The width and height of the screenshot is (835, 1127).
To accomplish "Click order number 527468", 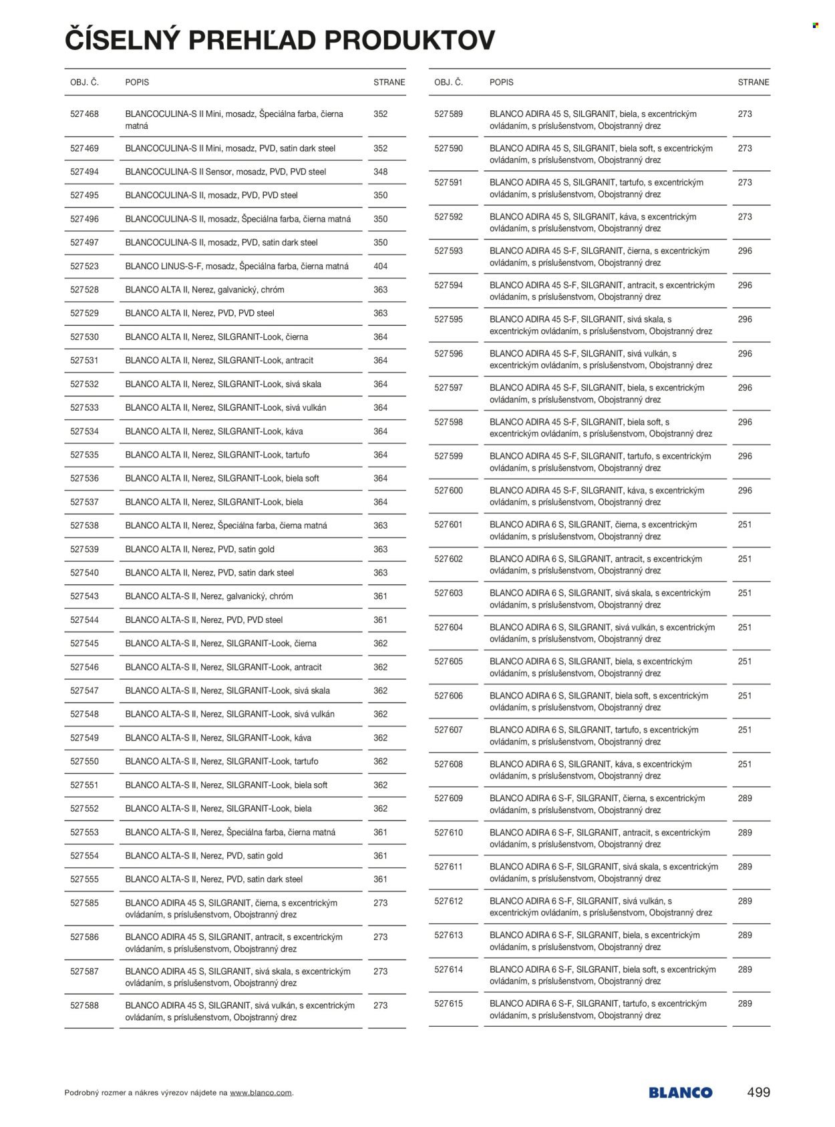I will pyautogui.click(x=84, y=114).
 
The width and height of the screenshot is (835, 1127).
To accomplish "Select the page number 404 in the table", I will pyautogui.click(x=380, y=266).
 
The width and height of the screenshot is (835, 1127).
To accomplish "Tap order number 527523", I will pyautogui.click(x=84, y=266).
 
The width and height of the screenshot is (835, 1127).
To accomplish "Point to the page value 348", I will pyautogui.click(x=380, y=172).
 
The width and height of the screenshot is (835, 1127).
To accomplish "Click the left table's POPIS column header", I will pyautogui.click(x=137, y=83).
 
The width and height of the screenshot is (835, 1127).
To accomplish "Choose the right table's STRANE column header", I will pyautogui.click(x=753, y=83).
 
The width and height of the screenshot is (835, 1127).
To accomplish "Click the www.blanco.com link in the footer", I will pyautogui.click(x=261, y=1093).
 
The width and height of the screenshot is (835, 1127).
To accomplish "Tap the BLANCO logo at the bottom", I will pyautogui.click(x=680, y=1093).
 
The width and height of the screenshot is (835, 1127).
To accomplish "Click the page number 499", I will pyautogui.click(x=758, y=1093).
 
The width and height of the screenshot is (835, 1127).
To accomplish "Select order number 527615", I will pyautogui.click(x=448, y=1004).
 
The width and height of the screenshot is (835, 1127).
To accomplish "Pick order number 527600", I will pyautogui.click(x=448, y=491).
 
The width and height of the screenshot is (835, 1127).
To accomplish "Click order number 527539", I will pyautogui.click(x=84, y=549).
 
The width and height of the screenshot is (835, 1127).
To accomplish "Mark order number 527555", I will pyautogui.click(x=84, y=879).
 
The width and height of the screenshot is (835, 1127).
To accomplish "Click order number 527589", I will pyautogui.click(x=448, y=114).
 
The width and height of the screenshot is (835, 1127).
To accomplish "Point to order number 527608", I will pyautogui.click(x=448, y=764).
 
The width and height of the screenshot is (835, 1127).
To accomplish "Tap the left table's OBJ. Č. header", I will pyautogui.click(x=84, y=83).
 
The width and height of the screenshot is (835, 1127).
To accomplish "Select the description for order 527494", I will pyautogui.click(x=226, y=172).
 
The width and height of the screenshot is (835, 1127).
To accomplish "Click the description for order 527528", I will pyautogui.click(x=204, y=290).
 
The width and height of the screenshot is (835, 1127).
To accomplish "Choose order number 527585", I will pyautogui.click(x=84, y=903).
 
